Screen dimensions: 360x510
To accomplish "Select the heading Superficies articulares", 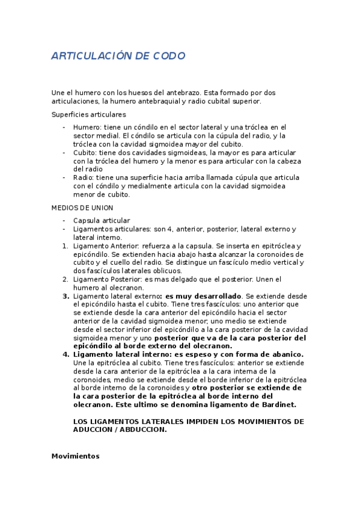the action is [x=88, y=114].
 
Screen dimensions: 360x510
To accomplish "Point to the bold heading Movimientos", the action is [x=75, y=456].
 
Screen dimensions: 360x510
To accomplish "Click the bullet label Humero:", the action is [x=87, y=127].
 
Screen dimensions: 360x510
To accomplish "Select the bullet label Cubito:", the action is [x=86, y=153].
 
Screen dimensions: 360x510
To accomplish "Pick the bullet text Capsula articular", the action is [x=102, y=221].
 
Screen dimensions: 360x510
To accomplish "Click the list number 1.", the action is [x=65, y=246].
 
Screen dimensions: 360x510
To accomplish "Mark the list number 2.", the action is [x=65, y=280].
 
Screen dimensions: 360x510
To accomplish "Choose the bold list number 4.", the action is [x=66, y=355].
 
